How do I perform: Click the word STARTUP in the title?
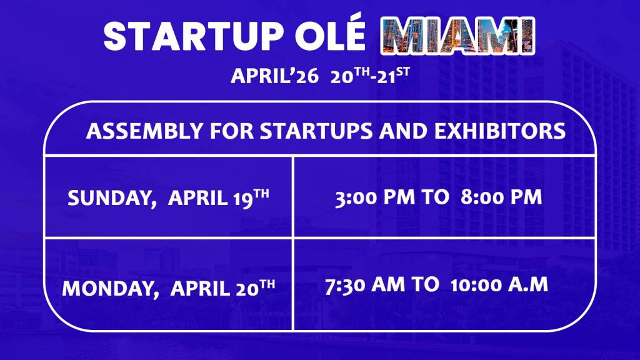[x=194, y=36]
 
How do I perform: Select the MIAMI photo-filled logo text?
[x=457, y=36]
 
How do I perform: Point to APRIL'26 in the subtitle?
[x=275, y=76]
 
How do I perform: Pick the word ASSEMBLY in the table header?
[x=144, y=131]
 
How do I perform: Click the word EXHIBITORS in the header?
[x=500, y=131]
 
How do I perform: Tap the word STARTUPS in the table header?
[x=316, y=131]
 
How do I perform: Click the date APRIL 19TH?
[x=218, y=197]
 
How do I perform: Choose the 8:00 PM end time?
[x=501, y=197]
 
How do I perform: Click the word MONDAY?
[x=111, y=289]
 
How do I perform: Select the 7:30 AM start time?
[x=365, y=284]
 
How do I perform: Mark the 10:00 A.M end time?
[x=499, y=284]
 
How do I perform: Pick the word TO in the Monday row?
[x=425, y=284]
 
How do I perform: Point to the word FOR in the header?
[x=232, y=131]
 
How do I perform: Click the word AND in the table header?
[x=404, y=131]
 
